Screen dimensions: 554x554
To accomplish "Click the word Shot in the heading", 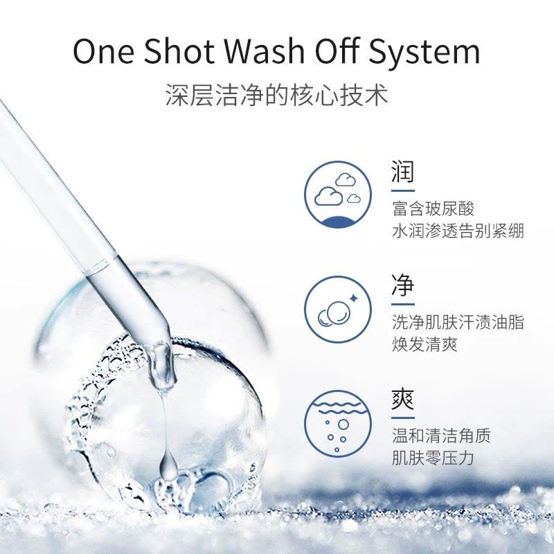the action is click(179, 51).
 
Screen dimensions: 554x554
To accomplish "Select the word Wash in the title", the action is click(265, 51).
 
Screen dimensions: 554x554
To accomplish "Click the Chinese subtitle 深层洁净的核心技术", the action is click(277, 95).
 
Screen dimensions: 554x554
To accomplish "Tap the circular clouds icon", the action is click(338, 195).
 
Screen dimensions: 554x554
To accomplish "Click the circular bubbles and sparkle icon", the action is click(338, 310).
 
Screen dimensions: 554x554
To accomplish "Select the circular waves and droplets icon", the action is click(338, 424).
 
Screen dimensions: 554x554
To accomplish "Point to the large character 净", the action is click(402, 285).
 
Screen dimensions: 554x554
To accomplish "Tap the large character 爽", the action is click(402, 400).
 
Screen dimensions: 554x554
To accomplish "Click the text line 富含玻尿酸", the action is click(434, 208).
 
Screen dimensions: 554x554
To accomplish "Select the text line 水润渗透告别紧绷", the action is click(458, 231).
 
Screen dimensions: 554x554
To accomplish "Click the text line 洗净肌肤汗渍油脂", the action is click(458, 323).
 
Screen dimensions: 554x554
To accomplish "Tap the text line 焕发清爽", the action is click(425, 344).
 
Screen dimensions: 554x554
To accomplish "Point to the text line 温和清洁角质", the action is click(441, 436).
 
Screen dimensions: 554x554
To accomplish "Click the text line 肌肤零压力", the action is click(434, 458).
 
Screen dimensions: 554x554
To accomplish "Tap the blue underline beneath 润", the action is click(403, 191).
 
